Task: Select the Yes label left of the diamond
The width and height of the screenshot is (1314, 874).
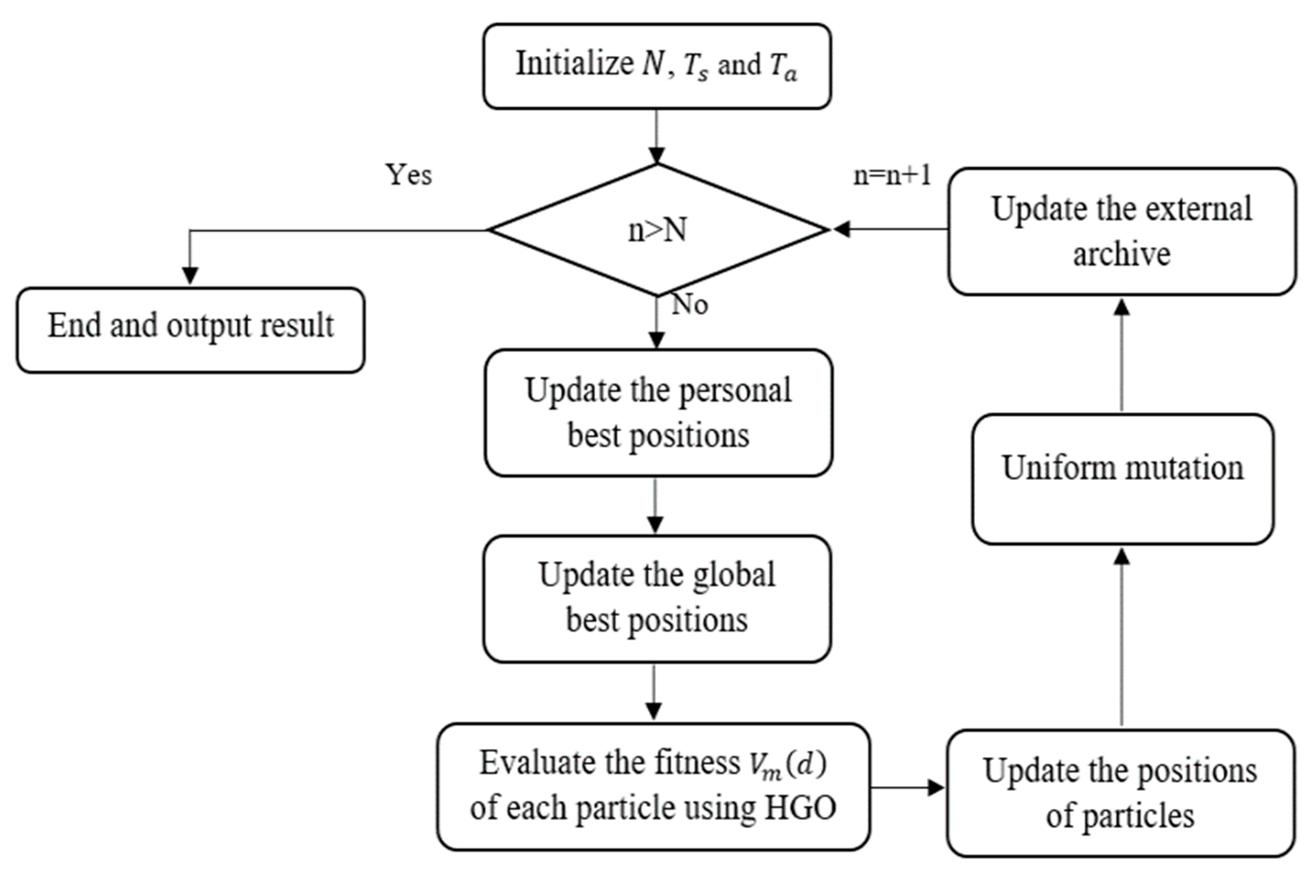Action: coord(408,175)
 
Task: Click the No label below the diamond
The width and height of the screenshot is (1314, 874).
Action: coord(690,304)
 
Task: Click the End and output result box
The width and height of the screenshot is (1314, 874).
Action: coord(191,330)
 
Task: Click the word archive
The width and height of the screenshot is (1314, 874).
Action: coord(1121,254)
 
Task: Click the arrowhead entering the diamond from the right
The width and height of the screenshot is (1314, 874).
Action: coord(841,229)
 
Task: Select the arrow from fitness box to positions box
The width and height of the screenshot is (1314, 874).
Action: coord(908,788)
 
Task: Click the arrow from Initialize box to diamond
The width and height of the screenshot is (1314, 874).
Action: coord(657,136)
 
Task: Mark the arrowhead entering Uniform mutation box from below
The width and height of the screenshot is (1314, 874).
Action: coord(1122,556)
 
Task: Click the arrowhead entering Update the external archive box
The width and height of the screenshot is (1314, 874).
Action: coord(1122,307)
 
